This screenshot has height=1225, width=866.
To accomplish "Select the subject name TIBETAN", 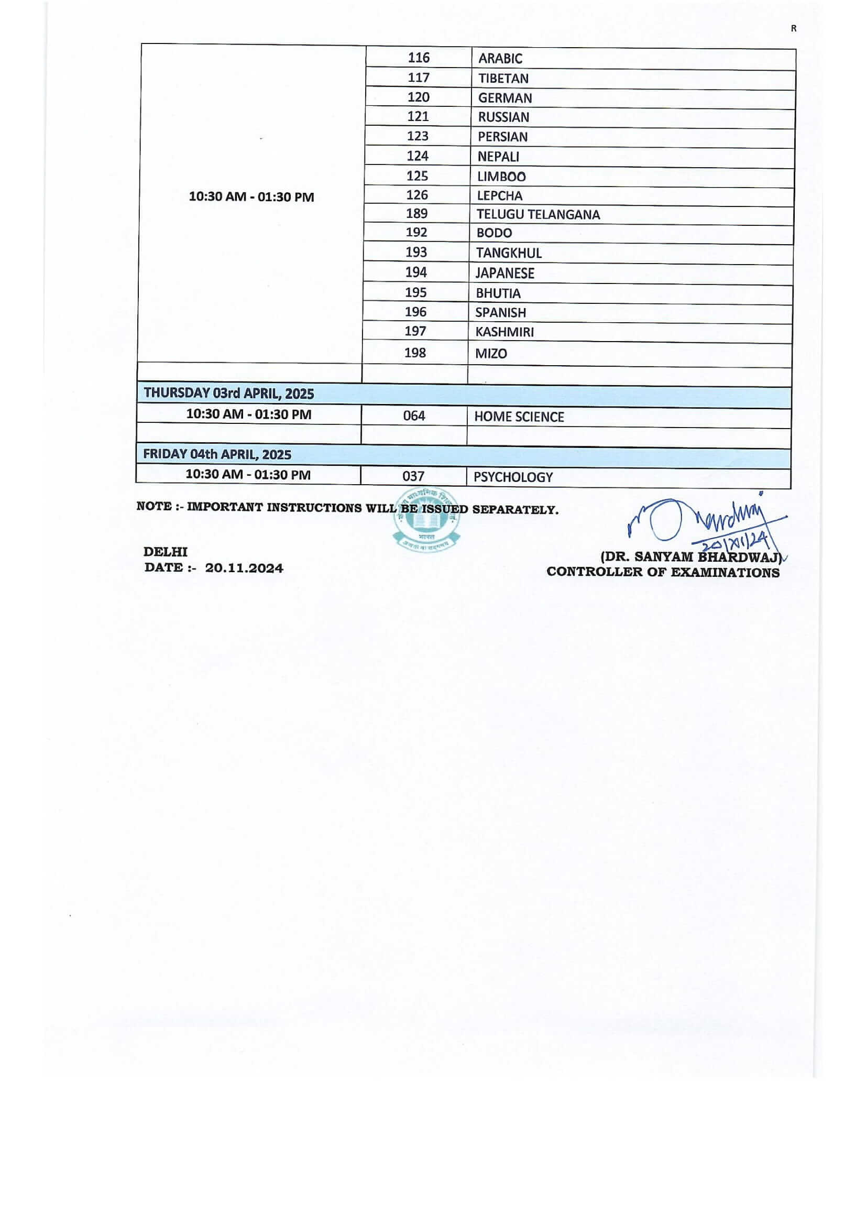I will coord(503,79).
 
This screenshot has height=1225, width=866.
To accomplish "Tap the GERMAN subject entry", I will coord(505,98).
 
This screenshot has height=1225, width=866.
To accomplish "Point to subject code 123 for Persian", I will coord(417,136).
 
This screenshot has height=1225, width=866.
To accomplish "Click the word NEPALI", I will coord(498,157).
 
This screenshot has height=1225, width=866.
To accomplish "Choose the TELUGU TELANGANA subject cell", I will coord(538,214).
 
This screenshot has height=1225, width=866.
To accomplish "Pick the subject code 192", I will coord(416,232).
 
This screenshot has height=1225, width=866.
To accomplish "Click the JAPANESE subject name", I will coord(505,273).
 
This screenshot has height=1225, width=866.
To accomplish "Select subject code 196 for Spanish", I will coord(415,312).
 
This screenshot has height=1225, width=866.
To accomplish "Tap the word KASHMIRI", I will coord(504,332).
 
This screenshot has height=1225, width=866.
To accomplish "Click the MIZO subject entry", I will coord(491,353).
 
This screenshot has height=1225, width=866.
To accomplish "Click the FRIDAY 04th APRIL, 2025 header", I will coord(217,455).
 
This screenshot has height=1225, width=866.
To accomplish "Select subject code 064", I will coord(414,415).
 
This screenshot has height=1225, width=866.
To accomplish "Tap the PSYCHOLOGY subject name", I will coord(513,477).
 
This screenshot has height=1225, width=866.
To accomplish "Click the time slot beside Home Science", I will coord(249,414).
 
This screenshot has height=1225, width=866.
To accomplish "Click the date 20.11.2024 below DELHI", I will coord(244,568).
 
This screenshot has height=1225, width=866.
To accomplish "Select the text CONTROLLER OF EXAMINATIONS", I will coord(663,573).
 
